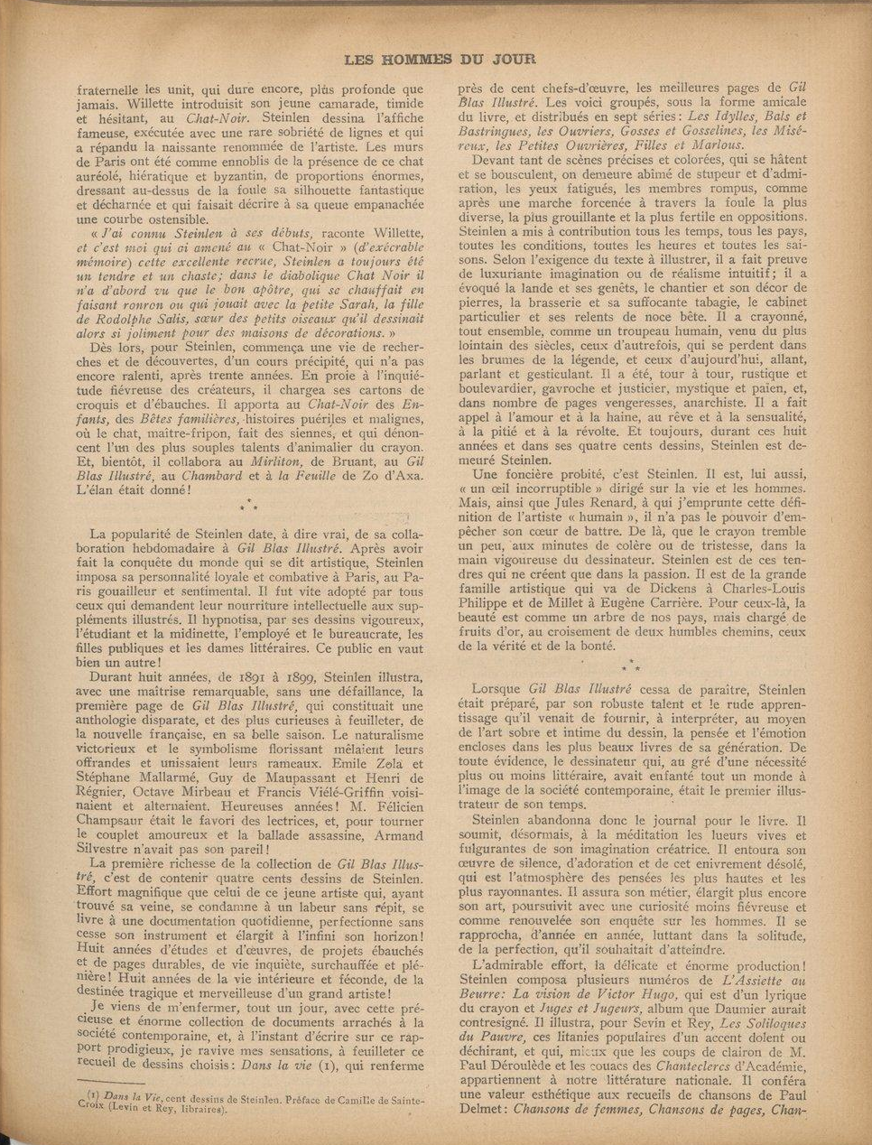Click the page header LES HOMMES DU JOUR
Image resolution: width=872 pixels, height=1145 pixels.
click(x=440, y=60)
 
